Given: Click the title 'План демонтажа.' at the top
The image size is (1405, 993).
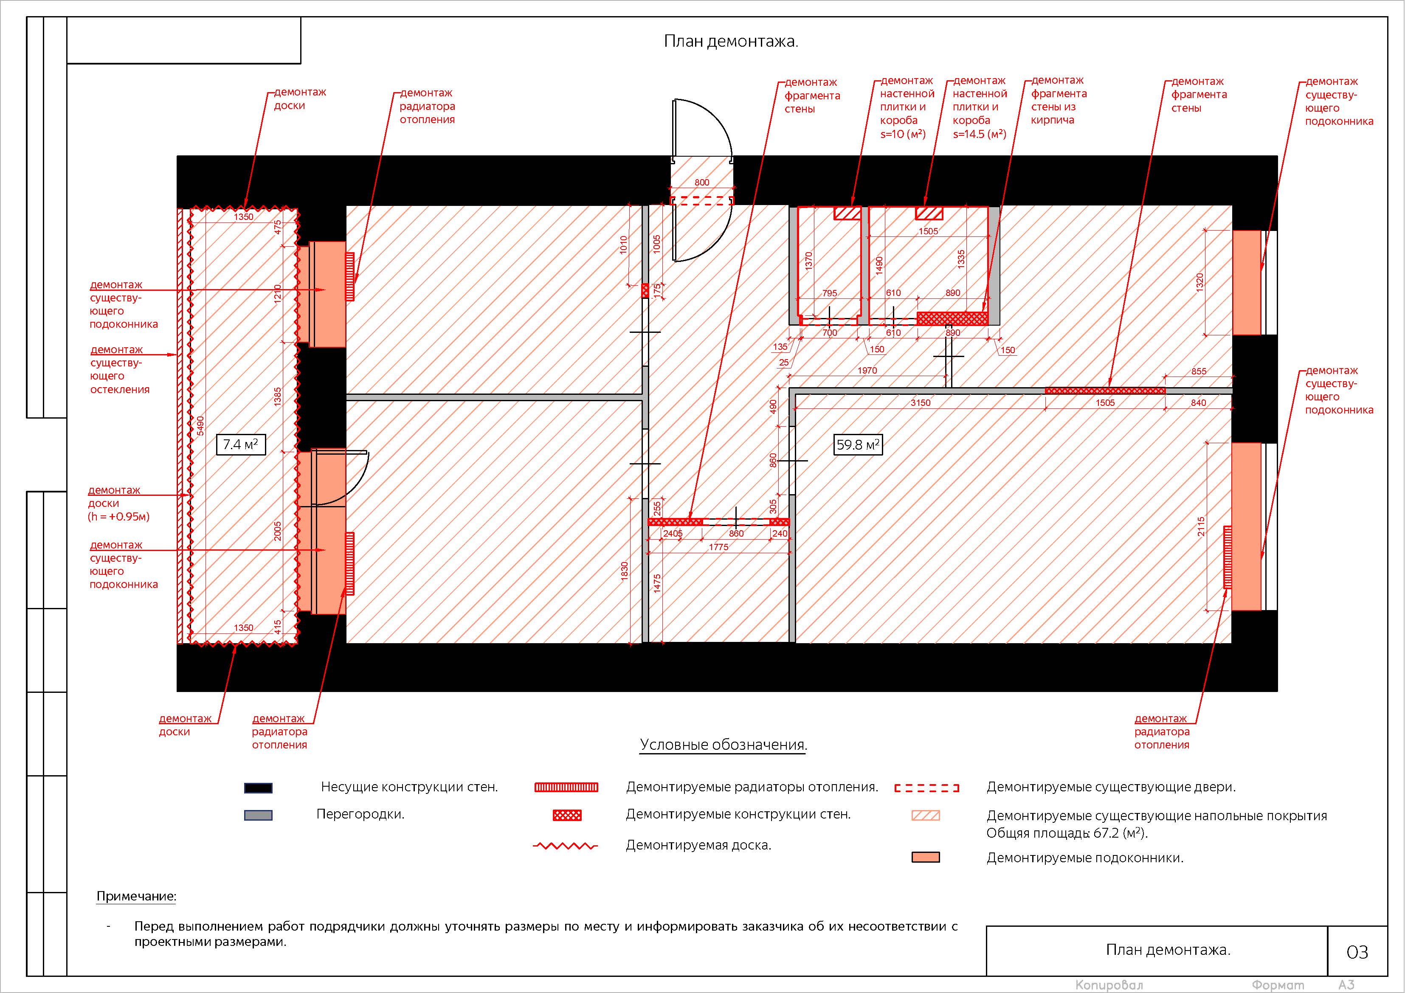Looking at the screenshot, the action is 731,42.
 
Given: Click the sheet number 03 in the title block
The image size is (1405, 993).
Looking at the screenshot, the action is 1357,952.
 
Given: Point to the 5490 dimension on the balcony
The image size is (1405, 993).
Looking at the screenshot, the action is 200,426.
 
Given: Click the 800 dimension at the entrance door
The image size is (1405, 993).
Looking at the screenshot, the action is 702,182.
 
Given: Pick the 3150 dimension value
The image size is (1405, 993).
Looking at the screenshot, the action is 921,402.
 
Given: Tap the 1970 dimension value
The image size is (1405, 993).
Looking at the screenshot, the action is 867,370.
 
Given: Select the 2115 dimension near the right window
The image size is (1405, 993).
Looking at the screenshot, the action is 1201,527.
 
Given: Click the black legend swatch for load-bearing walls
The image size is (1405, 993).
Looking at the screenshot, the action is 258,788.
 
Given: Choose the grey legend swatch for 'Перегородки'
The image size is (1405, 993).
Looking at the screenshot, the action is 258,815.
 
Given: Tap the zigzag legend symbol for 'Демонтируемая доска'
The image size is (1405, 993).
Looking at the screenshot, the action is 566,846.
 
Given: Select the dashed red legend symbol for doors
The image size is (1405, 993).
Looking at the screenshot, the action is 926,788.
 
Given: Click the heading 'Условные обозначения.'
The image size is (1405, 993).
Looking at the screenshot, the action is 724,745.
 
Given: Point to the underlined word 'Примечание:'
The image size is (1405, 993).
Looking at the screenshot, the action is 136,896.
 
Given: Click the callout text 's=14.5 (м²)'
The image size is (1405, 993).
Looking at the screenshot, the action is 979,134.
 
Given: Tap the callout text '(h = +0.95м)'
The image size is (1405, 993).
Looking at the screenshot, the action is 119,516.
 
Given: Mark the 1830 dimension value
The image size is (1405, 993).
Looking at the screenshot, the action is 625,571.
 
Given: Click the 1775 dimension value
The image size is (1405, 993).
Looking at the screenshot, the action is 718,547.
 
